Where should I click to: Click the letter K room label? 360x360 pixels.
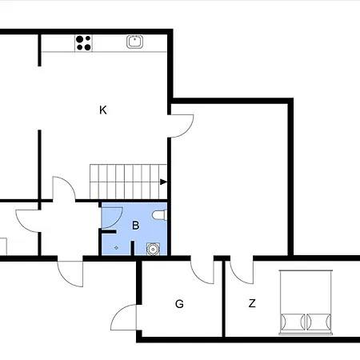point(103,110)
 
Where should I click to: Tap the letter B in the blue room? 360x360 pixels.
point(135,226)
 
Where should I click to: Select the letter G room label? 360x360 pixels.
point(179,304)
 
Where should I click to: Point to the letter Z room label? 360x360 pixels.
point(252,303)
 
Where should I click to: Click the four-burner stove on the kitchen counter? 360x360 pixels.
point(83,43)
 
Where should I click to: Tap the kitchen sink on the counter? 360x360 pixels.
point(134,42)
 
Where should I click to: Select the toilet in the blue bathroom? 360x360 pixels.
point(159,215)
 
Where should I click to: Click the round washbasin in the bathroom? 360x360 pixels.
point(153,249)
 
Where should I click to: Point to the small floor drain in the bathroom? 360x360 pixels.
point(116,248)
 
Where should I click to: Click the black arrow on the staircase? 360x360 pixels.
point(163,182)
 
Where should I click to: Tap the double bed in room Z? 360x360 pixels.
point(306,302)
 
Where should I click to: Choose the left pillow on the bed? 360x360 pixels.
point(292,322)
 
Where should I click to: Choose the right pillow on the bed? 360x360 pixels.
point(319,322)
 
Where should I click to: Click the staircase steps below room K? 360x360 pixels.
point(128,182)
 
